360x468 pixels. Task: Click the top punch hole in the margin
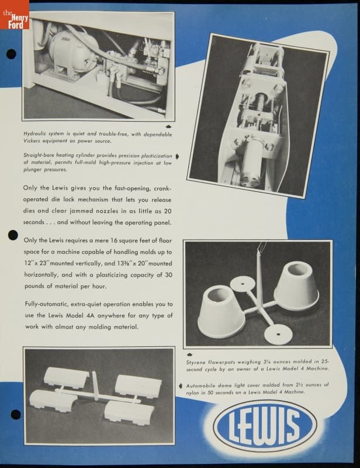[11, 54]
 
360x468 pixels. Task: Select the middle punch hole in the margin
[13, 235]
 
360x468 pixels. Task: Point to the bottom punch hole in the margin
[16, 414]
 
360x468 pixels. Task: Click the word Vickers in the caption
[33, 141]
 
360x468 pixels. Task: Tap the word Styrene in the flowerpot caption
[196, 362]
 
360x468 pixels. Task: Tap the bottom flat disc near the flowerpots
[278, 333]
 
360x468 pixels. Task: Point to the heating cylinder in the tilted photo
[251, 162]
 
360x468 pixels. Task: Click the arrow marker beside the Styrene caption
[190, 355]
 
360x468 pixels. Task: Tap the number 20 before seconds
[168, 211]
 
